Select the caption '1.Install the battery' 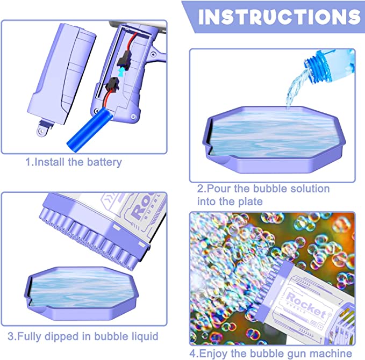tap(73, 161)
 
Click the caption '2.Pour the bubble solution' tap(263, 189)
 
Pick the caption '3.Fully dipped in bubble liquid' tap(83, 337)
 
